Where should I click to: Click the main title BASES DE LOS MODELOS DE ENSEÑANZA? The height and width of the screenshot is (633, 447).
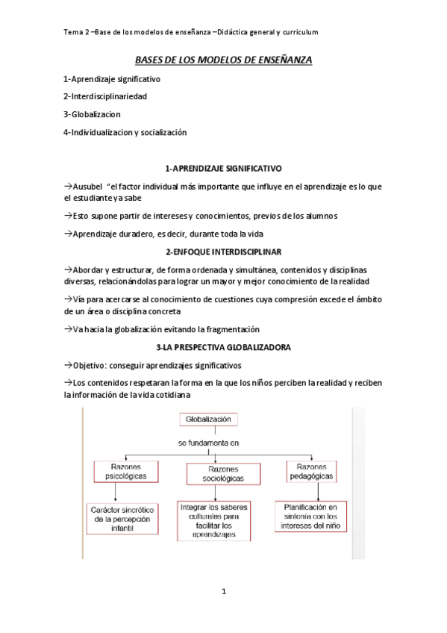coord(223,59)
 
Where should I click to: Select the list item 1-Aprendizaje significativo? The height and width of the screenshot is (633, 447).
coord(111,78)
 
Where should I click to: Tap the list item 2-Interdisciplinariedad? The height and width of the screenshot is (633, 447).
coord(104,96)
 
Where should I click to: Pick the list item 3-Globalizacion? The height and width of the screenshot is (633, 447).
coord(92,114)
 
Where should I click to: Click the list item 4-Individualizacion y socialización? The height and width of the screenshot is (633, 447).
coord(125,132)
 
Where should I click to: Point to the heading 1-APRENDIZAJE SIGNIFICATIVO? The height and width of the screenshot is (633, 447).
coord(223,169)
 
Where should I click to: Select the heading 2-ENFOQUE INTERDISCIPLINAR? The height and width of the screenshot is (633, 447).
coord(223,252)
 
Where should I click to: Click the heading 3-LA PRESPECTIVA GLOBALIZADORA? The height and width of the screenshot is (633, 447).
coord(223,348)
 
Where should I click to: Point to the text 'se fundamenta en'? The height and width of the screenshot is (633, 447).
coord(208,443)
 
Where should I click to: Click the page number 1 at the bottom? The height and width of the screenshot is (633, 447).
coord(223,592)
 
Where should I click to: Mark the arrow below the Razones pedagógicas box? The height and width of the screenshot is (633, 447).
coord(319,491)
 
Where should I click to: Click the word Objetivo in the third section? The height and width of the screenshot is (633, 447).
coord(90,365)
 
